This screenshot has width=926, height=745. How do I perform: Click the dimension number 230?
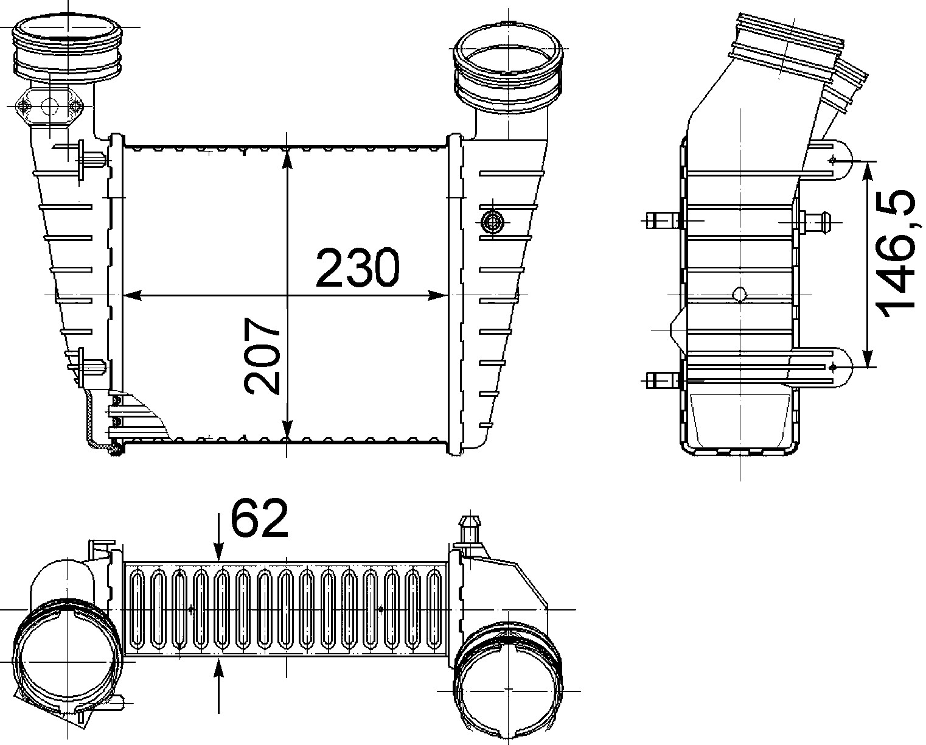(358, 267)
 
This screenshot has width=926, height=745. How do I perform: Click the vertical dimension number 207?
(262, 355)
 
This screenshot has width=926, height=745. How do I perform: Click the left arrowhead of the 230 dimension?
(133, 295)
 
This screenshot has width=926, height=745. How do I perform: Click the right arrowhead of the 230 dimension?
(437, 295)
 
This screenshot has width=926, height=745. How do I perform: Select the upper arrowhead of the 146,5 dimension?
(868, 172)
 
